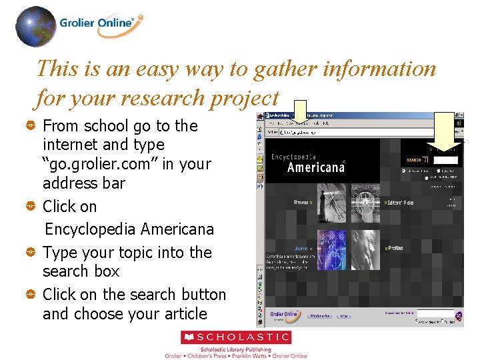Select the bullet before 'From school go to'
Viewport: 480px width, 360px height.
[31, 126]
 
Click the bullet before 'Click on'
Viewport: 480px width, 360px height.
[31, 207]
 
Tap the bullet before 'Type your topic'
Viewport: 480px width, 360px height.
[31, 253]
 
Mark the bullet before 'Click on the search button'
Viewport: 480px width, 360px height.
[31, 295]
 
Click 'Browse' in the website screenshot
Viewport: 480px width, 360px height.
[302, 202]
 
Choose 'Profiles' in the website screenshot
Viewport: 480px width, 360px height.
[395, 248]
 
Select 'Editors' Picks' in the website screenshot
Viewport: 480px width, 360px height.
[400, 203]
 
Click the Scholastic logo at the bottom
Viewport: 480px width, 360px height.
[236, 338]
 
